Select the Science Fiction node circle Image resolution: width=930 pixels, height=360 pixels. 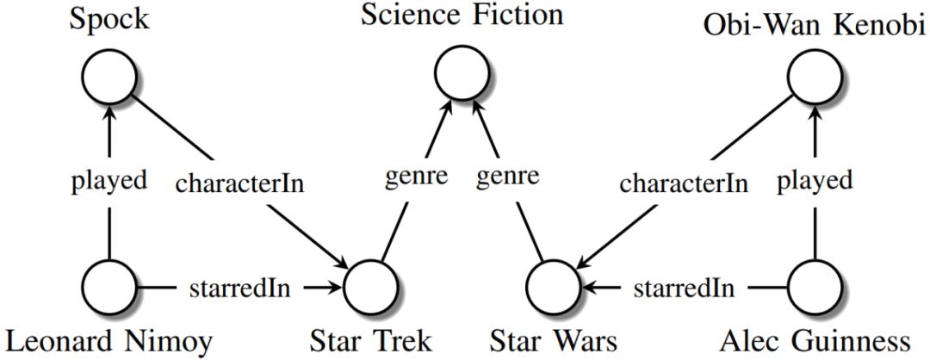pyautogui.click(x=462, y=73)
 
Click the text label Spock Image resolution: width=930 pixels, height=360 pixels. pyautogui.click(x=110, y=18)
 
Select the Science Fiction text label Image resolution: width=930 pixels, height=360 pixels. pyautogui.click(x=462, y=15)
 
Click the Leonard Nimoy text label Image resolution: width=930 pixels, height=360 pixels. pyautogui.click(x=108, y=342)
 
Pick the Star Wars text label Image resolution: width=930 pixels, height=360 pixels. pyautogui.click(x=555, y=342)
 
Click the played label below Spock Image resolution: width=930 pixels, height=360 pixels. pyautogui.click(x=109, y=182)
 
